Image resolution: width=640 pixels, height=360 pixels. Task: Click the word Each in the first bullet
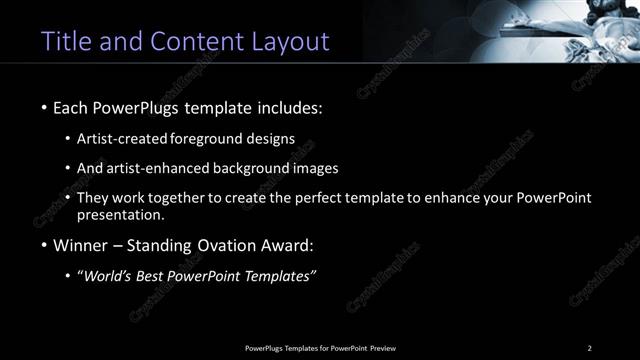(x=72, y=106)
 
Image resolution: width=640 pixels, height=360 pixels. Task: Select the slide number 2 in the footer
(x=590, y=348)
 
